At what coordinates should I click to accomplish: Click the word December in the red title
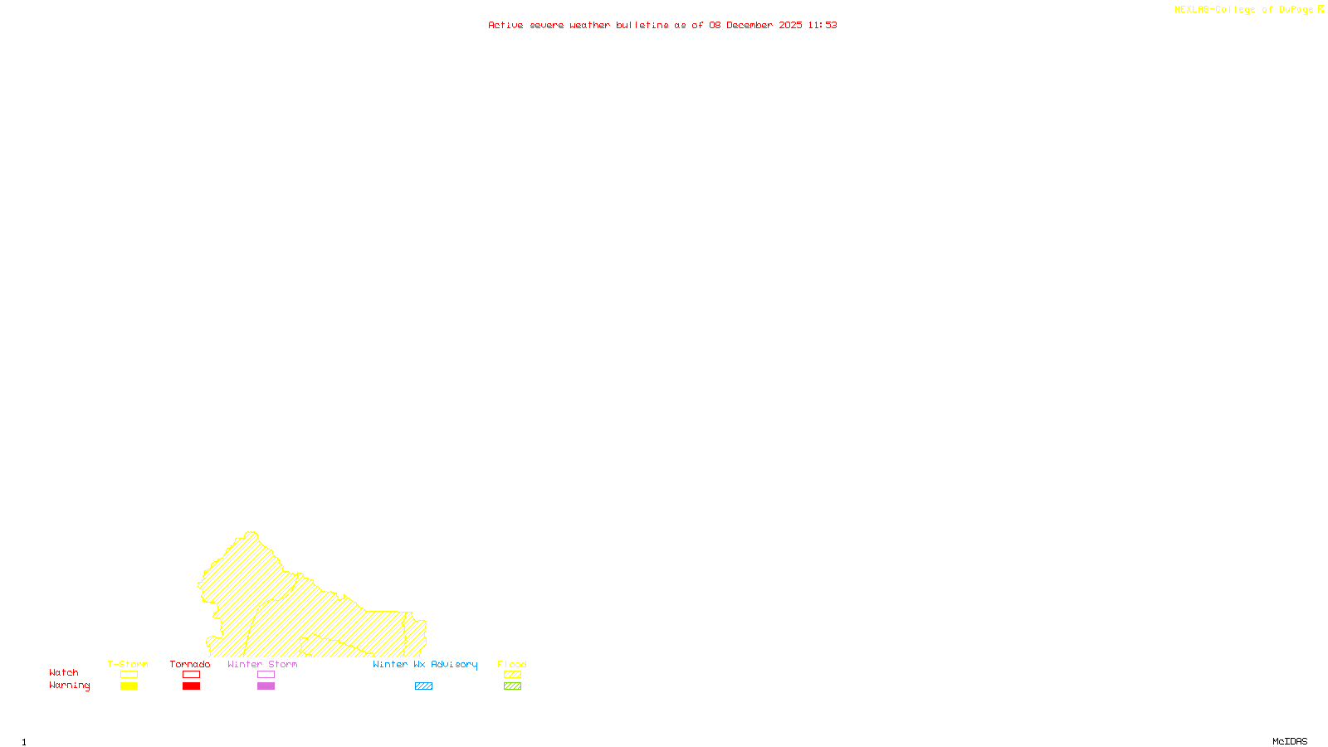[749, 25]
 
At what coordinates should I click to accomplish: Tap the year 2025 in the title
[790, 25]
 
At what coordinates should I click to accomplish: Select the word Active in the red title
[505, 25]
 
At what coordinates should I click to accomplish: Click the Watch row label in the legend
[64, 673]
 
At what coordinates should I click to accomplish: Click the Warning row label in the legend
[70, 686]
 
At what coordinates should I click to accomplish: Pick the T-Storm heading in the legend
[128, 664]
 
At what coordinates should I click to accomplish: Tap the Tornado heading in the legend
[190, 664]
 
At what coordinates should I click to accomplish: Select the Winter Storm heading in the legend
[262, 664]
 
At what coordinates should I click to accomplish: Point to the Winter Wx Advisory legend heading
[425, 664]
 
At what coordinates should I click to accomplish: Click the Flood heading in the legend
[512, 664]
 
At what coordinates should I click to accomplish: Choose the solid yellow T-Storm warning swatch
[129, 686]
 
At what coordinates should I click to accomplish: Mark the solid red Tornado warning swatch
[192, 686]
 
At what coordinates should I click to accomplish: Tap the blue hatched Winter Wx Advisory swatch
[423, 686]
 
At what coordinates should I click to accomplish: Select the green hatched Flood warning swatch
[513, 686]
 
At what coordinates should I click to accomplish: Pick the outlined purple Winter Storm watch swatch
[266, 675]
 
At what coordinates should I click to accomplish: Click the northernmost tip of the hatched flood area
[251, 533]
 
